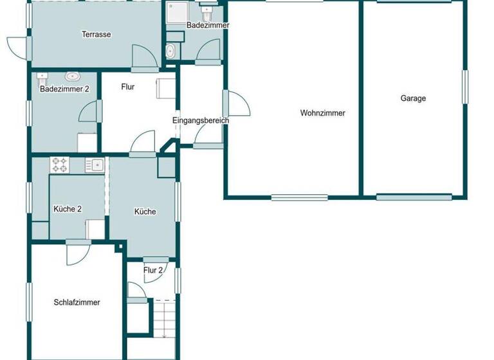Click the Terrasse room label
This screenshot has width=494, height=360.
[96, 34]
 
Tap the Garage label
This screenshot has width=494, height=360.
[413, 98]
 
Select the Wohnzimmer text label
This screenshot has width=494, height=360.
[322, 113]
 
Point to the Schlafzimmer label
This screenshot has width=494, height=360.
[77, 302]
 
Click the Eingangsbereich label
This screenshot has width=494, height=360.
[201, 120]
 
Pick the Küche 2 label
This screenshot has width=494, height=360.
[68, 209]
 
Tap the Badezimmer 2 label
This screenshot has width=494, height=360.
[64, 89]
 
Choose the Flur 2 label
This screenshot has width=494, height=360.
[153, 270]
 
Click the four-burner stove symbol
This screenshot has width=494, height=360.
[60, 165]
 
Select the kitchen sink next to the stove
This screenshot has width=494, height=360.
[94, 165]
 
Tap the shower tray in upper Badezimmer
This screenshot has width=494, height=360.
[176, 14]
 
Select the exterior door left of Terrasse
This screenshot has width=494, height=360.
[17, 47]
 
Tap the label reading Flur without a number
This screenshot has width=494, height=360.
[127, 87]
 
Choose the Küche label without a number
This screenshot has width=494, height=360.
[145, 212]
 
